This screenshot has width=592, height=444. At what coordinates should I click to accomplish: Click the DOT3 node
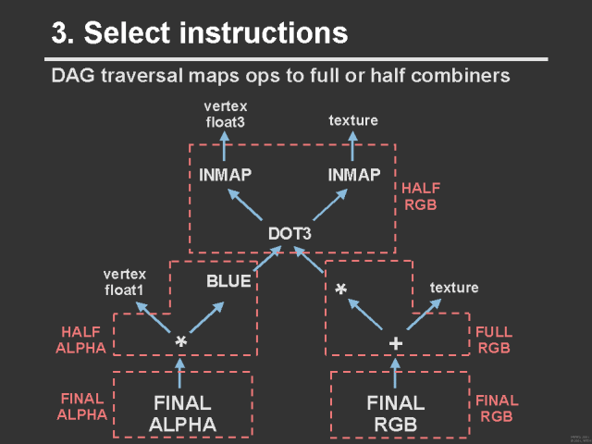(290, 233)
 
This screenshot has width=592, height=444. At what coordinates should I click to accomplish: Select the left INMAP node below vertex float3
(226, 175)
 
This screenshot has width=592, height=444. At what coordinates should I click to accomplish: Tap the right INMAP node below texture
(354, 175)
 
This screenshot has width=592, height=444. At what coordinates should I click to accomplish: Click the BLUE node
(228, 281)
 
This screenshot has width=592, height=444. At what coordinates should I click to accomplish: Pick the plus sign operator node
(396, 343)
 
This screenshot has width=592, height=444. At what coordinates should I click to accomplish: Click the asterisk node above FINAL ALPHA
(181, 343)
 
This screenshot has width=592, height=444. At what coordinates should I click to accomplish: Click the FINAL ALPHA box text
(182, 413)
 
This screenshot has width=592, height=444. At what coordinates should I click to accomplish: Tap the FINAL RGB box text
(396, 413)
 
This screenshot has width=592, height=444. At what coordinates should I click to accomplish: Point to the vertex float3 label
(226, 114)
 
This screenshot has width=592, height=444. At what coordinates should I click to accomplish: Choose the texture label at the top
(353, 121)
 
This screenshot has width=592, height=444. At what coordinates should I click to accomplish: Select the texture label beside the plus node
(454, 288)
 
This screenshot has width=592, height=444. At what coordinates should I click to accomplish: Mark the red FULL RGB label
(494, 340)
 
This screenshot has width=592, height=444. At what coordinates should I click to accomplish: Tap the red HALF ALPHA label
(83, 339)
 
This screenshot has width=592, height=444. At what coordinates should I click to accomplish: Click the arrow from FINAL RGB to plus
(396, 373)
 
